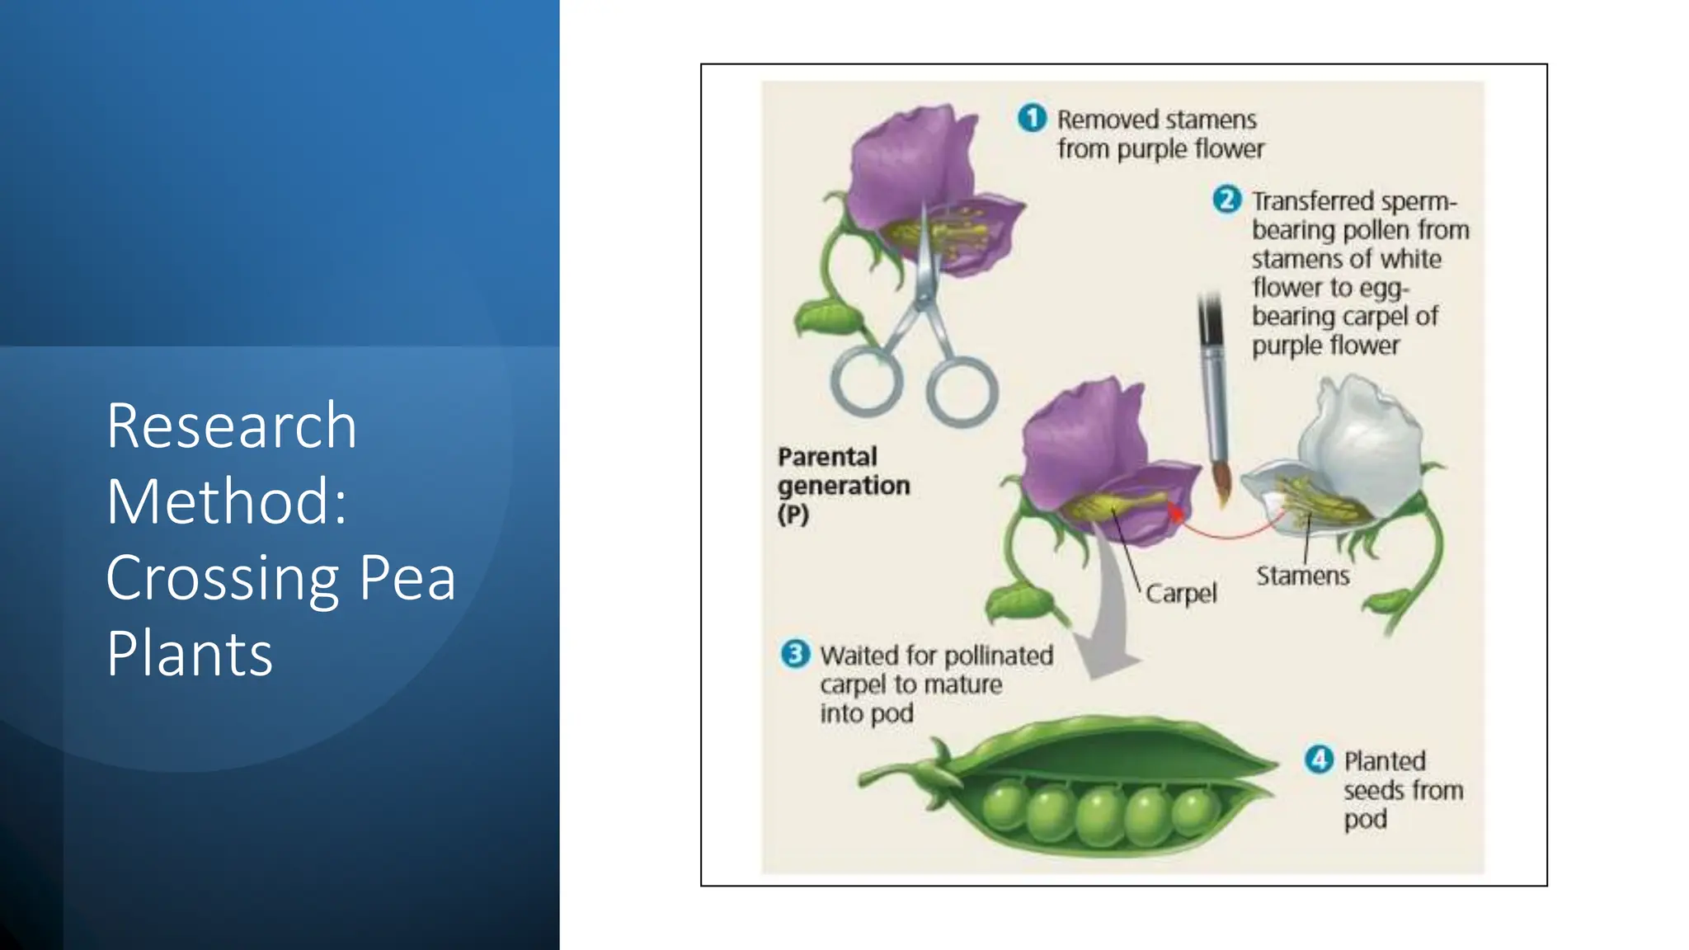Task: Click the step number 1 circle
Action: click(1032, 118)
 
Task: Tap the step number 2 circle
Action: click(1226, 200)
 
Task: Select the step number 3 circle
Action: click(795, 654)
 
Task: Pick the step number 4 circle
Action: click(1319, 759)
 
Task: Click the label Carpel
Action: click(1180, 593)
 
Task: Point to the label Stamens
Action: click(1302, 576)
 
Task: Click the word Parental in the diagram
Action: click(827, 457)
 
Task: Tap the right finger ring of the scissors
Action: click(962, 391)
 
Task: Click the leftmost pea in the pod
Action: click(1004, 805)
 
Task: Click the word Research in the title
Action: click(232, 426)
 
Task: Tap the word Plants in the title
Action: click(190, 654)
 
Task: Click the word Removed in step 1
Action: click(1105, 120)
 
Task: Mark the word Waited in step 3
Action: click(859, 656)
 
